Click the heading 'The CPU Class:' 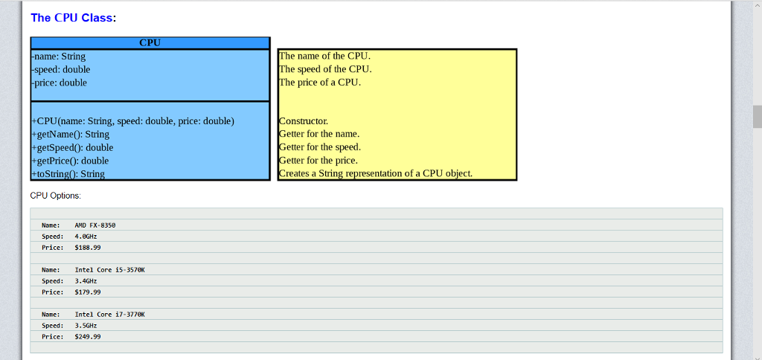[73, 18]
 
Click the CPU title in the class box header [150, 43]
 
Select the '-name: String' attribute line [59, 57]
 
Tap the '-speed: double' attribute [61, 70]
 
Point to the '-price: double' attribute [60, 83]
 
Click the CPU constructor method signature [133, 121]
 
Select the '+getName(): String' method [71, 135]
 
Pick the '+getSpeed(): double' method [73, 148]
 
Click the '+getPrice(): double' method [71, 161]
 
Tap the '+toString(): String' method [68, 174]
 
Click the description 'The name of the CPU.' [324, 57]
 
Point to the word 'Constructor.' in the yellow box [304, 121]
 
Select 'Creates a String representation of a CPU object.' [376, 174]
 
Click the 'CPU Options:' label [55, 196]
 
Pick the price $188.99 [88, 247]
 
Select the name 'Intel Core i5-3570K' [109, 269]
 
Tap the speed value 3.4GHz [86, 281]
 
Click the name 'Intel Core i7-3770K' [109, 315]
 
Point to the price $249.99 [88, 337]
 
